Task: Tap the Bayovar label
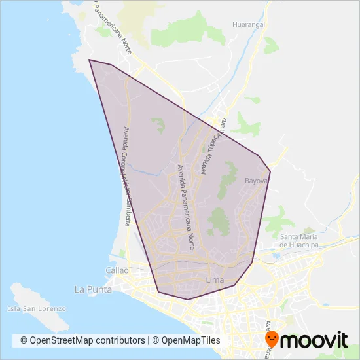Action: point(257,180)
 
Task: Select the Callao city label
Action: point(118,270)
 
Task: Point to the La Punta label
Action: point(93,289)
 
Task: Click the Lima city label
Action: point(215,280)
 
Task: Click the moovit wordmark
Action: point(317,340)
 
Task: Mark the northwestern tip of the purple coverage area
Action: point(90,60)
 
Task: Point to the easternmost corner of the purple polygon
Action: point(270,172)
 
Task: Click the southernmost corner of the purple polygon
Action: point(188,300)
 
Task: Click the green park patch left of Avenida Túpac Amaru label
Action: point(158,124)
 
